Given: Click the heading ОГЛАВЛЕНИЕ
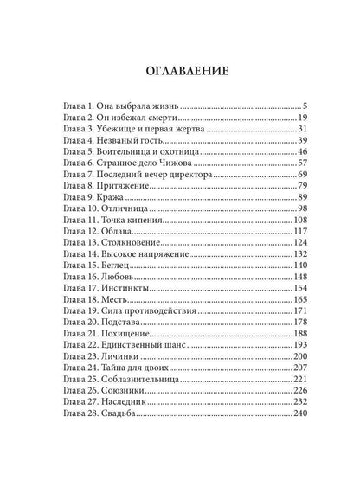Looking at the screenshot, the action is [x=180, y=72].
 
